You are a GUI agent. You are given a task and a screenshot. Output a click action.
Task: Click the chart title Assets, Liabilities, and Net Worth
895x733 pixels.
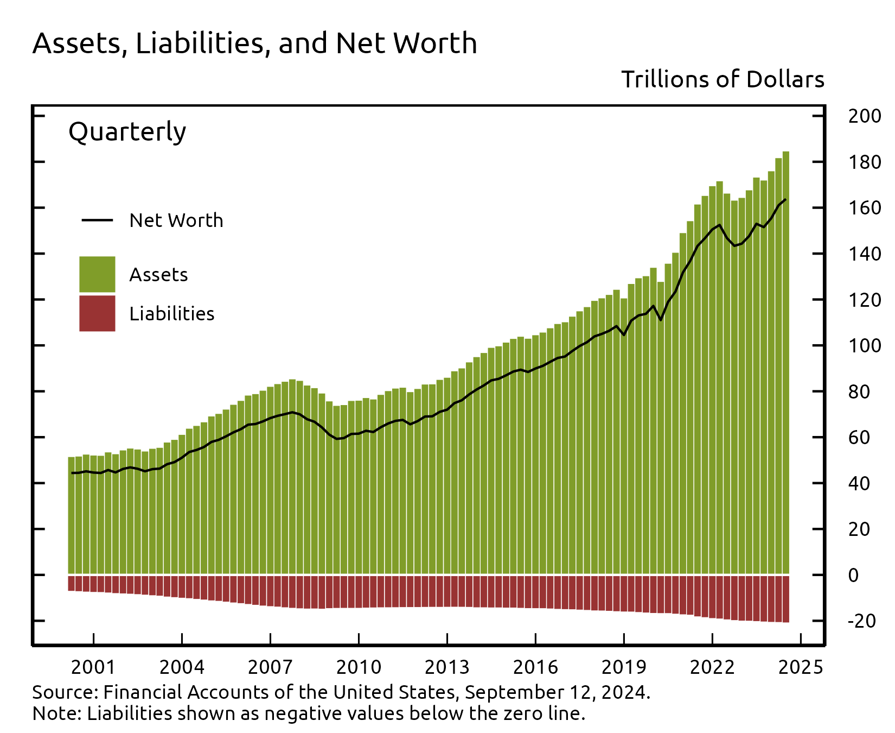[254, 43]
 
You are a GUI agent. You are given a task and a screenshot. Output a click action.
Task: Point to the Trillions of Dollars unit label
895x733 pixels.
[722, 80]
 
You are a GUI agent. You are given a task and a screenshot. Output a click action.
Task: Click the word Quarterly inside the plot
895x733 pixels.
[127, 132]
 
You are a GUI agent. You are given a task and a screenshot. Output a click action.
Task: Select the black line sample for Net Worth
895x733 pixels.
[97, 220]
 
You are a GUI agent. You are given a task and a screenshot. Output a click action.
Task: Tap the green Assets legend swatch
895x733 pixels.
[97, 274]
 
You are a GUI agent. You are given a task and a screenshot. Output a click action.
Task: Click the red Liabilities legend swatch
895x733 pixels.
[97, 313]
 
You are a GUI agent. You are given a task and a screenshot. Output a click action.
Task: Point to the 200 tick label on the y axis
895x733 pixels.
[863, 116]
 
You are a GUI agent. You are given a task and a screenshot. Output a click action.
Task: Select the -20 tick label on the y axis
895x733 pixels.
[861, 621]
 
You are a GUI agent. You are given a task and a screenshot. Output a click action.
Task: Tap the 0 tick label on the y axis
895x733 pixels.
[853, 576]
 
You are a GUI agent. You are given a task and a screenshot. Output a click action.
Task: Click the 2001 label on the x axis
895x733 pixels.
[93, 667]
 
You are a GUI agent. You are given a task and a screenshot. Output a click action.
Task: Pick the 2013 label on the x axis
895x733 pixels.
[446, 667]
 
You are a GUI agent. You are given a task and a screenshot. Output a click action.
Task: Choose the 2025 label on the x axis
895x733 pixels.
[800, 667]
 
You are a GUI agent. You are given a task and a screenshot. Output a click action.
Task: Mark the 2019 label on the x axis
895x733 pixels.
[623, 667]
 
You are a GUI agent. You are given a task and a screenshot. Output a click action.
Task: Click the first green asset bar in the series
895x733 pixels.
[71, 516]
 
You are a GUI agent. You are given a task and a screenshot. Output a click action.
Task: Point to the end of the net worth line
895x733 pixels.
[785, 199]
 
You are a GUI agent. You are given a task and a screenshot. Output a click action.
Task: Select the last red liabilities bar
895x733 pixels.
[785, 598]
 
